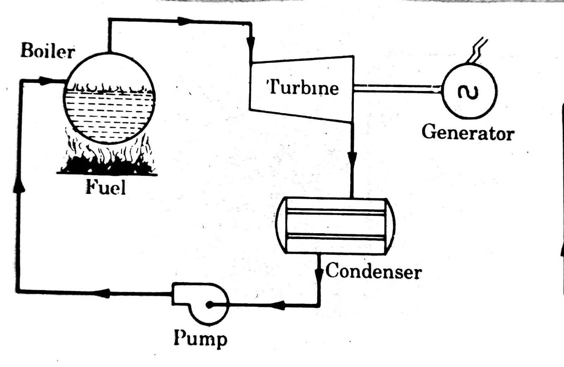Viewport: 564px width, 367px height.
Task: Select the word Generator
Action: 468,133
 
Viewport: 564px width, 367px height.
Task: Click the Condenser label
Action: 373,271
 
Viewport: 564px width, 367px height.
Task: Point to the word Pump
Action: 201,339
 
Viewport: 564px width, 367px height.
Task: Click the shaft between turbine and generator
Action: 397,89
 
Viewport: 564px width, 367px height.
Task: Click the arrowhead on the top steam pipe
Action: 185,22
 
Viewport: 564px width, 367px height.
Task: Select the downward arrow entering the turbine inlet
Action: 250,44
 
